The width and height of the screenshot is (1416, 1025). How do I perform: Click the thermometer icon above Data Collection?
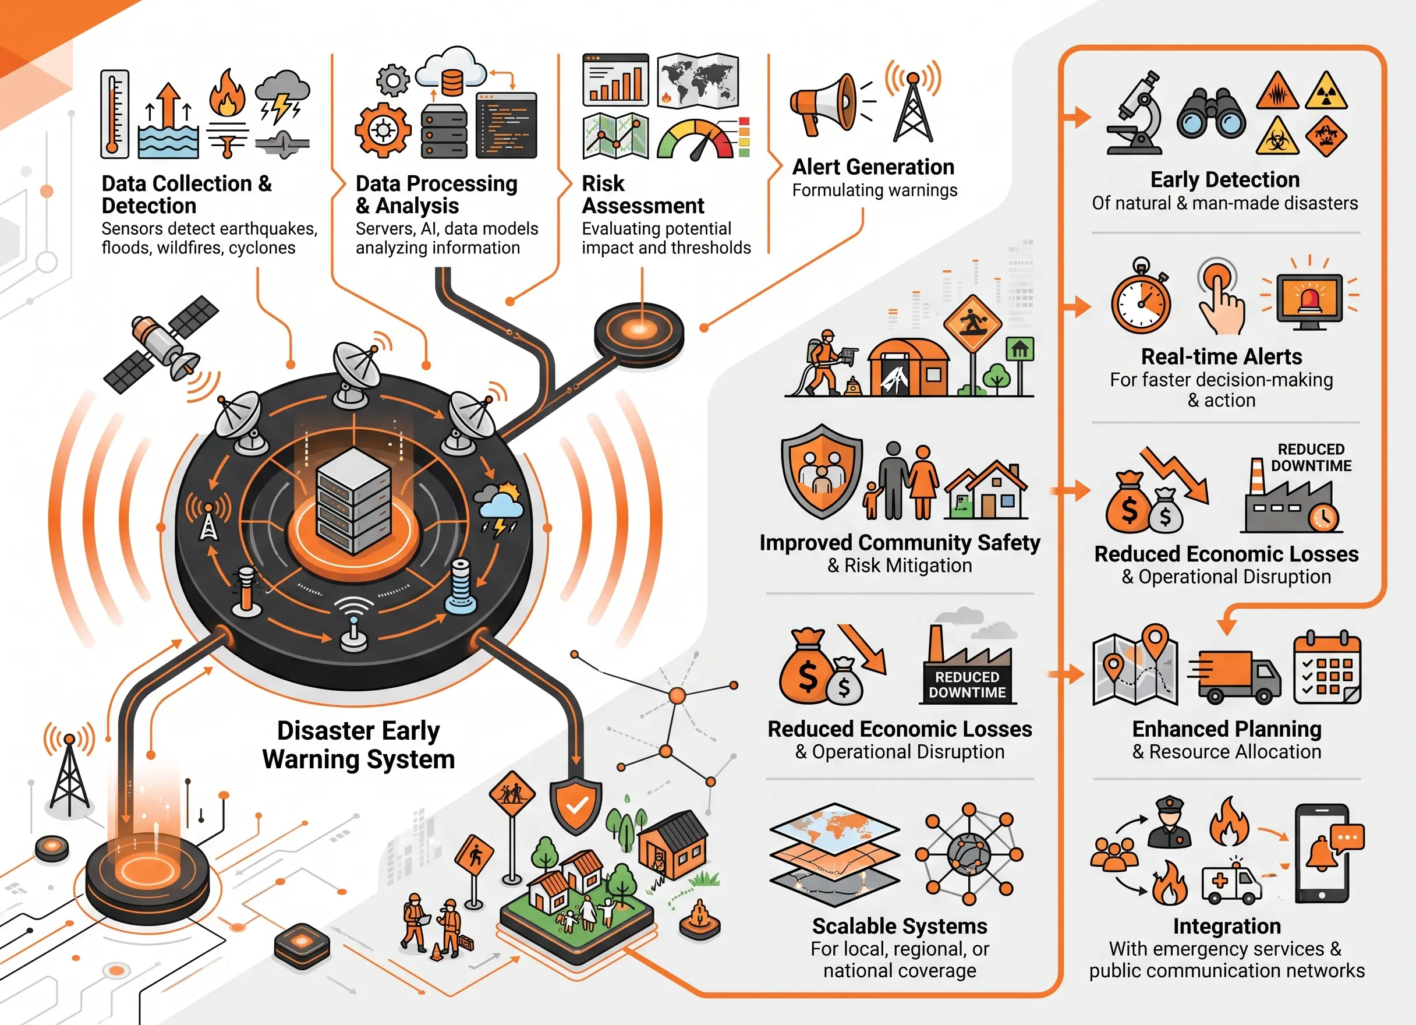pos(115,114)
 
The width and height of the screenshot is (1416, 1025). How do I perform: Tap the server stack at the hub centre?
pos(354,500)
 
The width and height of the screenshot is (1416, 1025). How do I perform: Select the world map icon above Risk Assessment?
pos(698,80)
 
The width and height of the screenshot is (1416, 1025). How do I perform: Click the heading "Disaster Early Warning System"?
pos(359,745)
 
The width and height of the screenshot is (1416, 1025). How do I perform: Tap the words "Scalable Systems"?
pos(900,925)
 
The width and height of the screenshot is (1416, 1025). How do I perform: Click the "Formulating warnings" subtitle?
pos(875,190)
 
